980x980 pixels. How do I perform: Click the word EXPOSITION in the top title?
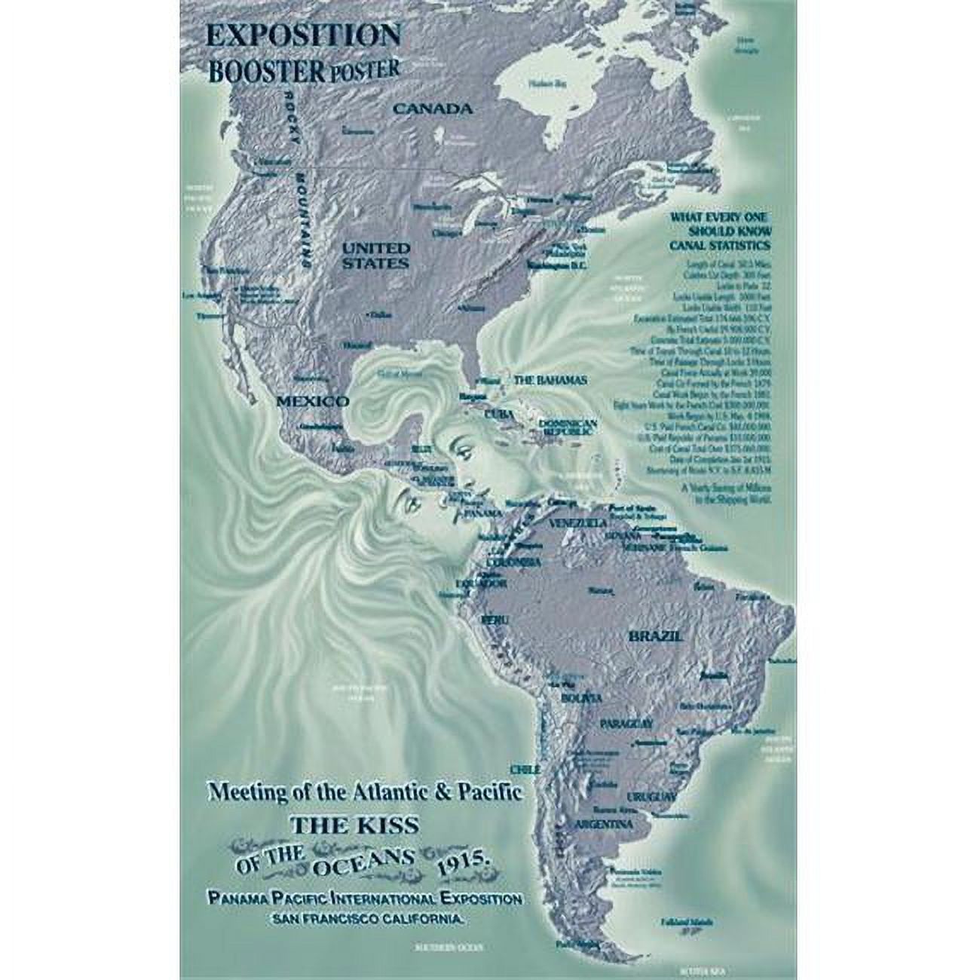click(305, 36)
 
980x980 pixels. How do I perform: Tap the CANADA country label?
click(433, 109)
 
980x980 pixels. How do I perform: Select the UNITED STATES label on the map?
click(376, 256)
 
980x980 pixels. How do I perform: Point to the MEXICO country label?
click(312, 401)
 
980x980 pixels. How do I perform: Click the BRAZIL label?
click(655, 635)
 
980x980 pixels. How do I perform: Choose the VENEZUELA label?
click(580, 523)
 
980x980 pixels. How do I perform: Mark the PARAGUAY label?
click(626, 724)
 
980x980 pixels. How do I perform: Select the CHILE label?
click(525, 770)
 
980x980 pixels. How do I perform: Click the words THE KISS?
click(354, 825)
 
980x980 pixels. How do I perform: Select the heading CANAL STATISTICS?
click(720, 246)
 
